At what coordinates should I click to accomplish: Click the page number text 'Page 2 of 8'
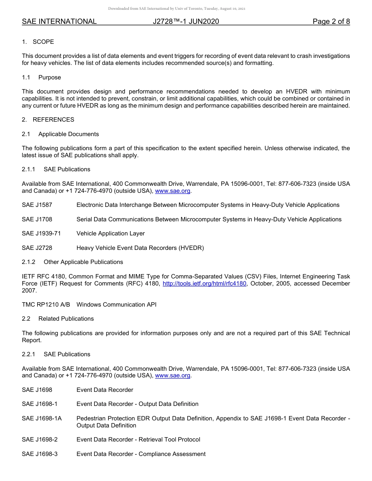(x=331, y=22)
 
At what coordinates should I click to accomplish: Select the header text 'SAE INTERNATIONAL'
(x=59, y=22)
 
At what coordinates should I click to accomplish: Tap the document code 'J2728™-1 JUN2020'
(x=186, y=22)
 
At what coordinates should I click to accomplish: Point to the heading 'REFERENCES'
(x=53, y=120)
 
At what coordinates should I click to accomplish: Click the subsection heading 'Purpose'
(x=50, y=77)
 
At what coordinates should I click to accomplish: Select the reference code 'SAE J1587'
(x=37, y=205)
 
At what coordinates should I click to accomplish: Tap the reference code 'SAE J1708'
(x=37, y=219)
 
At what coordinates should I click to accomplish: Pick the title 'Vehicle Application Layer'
(x=110, y=233)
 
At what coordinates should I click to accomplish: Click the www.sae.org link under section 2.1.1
(x=173, y=191)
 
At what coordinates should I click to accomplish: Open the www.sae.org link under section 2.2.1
(x=173, y=376)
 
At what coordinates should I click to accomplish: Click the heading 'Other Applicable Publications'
(x=83, y=262)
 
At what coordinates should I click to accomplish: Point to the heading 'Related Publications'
(x=66, y=319)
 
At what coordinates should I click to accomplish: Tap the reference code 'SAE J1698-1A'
(x=42, y=418)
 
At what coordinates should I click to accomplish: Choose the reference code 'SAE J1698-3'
(x=40, y=454)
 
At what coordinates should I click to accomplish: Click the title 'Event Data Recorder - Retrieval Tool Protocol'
(x=138, y=440)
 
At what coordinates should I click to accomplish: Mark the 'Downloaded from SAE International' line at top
(x=177, y=9)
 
